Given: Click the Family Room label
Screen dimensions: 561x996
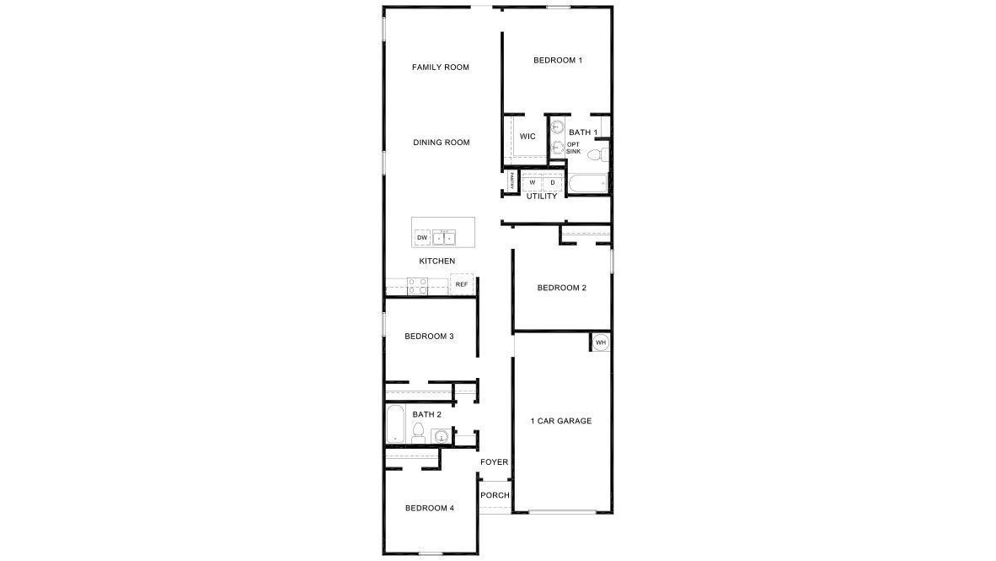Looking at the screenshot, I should (440, 67).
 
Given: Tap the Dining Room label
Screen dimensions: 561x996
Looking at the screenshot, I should (441, 143).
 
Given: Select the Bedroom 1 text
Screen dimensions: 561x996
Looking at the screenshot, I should (557, 61).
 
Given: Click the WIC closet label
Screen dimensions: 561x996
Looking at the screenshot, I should (527, 137).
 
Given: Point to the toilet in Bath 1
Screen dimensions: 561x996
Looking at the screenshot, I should (595, 155).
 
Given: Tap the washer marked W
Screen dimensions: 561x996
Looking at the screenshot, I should (532, 182).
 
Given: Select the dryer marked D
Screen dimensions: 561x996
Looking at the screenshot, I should (553, 182).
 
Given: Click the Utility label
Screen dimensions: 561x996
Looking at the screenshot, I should (541, 197).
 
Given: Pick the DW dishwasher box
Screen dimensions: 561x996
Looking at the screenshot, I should (422, 238).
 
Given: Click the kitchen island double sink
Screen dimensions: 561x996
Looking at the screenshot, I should (444, 238).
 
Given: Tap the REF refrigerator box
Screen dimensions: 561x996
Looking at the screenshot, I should (461, 284).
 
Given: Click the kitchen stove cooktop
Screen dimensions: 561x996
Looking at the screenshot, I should (417, 287).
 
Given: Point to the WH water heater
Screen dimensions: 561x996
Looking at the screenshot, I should (600, 343).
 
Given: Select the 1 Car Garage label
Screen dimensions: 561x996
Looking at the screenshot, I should (560, 421).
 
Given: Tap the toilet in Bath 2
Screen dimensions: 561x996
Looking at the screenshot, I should (418, 433).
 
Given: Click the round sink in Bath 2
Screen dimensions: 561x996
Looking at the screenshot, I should (440, 436).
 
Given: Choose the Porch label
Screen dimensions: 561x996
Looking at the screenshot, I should (495, 495).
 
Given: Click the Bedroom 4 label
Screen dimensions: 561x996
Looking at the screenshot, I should (429, 509).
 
